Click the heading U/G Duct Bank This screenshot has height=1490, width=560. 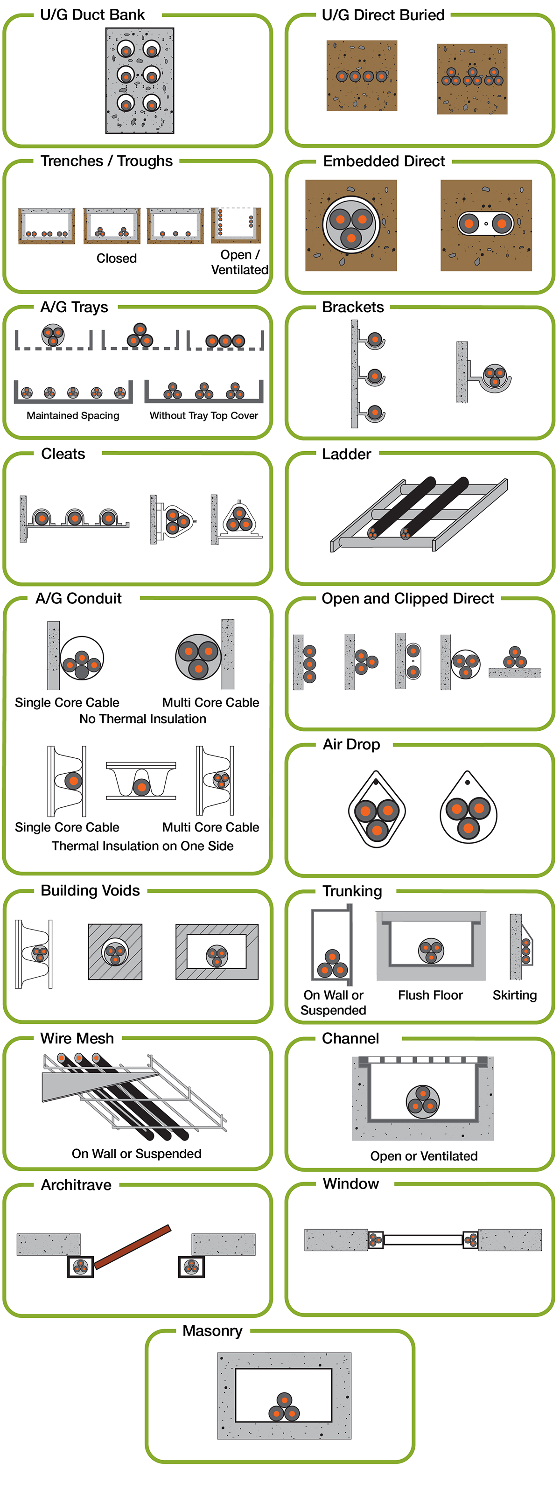coord(92,15)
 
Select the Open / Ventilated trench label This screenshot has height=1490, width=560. coord(239,262)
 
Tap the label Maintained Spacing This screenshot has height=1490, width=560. coord(73,415)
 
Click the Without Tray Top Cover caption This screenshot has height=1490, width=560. coord(203,415)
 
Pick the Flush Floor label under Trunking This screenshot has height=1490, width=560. coord(430,995)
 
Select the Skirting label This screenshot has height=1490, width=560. coord(514,995)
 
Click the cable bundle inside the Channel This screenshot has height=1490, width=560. coord(422,1101)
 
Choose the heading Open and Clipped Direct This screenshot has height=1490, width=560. coord(407,598)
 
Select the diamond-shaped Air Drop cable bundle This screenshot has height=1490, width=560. coord(377,813)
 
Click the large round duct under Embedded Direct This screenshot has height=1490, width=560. coord(350,225)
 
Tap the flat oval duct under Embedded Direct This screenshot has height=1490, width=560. coord(486,223)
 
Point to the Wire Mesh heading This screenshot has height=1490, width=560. coord(77,1038)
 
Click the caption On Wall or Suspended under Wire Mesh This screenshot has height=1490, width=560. coord(137,1154)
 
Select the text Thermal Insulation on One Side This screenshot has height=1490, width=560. coord(142,846)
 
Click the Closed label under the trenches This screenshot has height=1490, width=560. coord(116,258)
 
